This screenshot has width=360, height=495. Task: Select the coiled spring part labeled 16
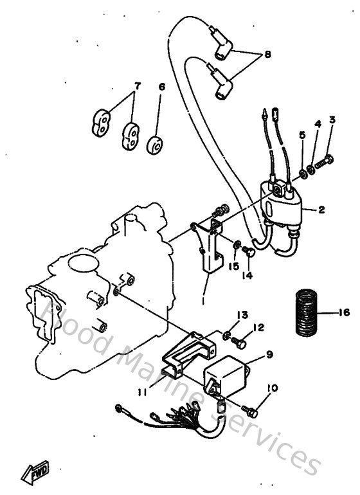[x=310, y=313]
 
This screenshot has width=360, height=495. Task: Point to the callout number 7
[x=136, y=85]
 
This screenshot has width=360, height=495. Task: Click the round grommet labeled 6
[x=155, y=145]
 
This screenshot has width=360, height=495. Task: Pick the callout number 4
[x=317, y=124]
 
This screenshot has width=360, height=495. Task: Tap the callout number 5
[x=302, y=136]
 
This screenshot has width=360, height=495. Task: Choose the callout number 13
[x=242, y=315]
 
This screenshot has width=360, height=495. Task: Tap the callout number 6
[x=162, y=85]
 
